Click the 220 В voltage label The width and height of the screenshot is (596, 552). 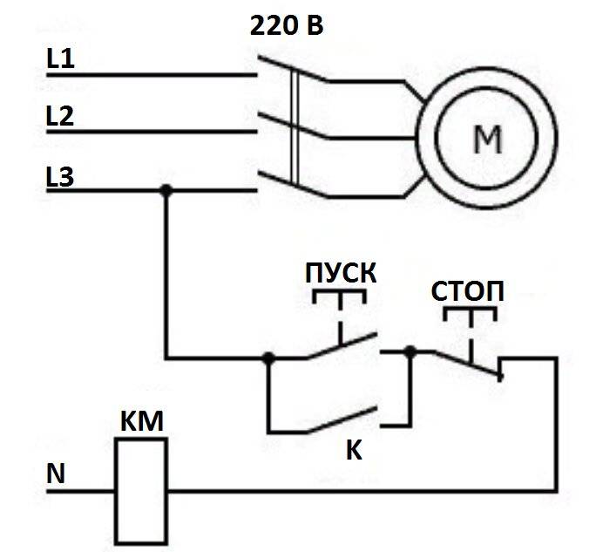[x=287, y=25]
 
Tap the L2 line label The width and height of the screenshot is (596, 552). [x=60, y=117]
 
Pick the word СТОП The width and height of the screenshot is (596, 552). [x=468, y=291]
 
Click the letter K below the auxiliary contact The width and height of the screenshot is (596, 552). [x=353, y=451]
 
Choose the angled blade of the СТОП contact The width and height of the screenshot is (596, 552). [x=469, y=364]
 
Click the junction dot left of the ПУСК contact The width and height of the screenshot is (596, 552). [x=268, y=358]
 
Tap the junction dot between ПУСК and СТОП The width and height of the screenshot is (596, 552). [x=411, y=351]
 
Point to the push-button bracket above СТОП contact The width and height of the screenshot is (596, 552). [x=471, y=311]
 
